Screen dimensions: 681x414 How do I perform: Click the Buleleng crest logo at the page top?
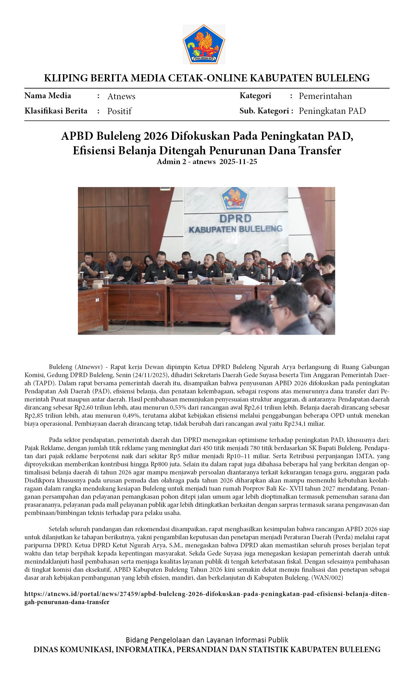point(204,44)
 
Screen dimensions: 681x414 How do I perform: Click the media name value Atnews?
point(121,96)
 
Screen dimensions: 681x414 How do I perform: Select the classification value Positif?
point(119,111)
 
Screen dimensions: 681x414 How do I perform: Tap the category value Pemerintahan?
point(325,96)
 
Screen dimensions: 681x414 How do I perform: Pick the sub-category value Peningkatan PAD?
point(332,111)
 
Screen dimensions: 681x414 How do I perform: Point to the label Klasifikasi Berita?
point(56,111)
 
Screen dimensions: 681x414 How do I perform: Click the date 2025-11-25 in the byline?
point(238,161)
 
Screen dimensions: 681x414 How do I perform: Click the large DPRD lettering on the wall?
point(235,218)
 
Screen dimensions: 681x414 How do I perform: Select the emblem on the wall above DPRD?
point(233,198)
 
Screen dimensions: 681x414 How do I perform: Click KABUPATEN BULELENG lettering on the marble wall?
point(235,229)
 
